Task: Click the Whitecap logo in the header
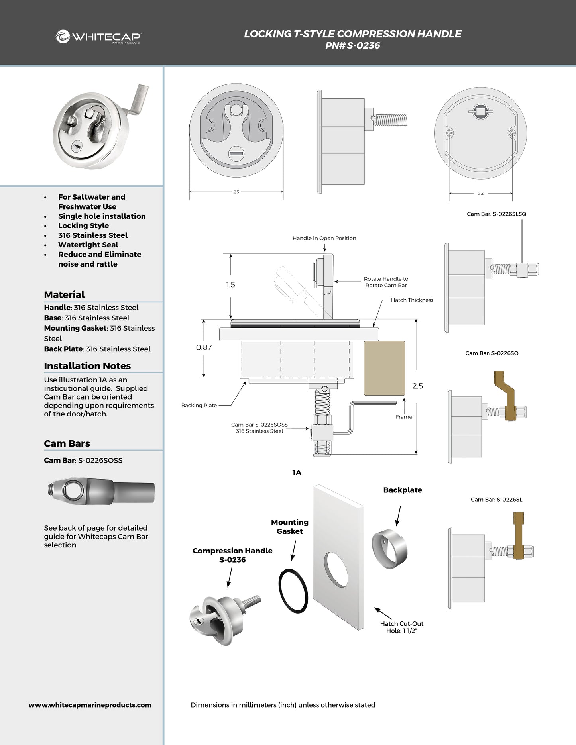click(x=98, y=37)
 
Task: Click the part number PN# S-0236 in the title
click(x=352, y=46)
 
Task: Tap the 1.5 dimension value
click(x=230, y=285)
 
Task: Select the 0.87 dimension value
click(x=204, y=347)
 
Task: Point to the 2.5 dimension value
click(x=417, y=386)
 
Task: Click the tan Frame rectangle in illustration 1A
click(x=384, y=368)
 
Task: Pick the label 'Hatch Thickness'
click(x=412, y=300)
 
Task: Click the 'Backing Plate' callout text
click(x=199, y=405)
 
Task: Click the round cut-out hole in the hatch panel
click(x=336, y=569)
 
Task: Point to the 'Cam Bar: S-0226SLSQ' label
click(x=496, y=214)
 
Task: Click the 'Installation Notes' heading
click(x=87, y=366)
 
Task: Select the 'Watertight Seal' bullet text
click(x=88, y=245)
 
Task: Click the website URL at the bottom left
click(x=90, y=705)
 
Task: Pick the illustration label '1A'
click(x=297, y=473)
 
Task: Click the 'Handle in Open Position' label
click(x=324, y=238)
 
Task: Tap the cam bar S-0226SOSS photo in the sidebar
click(x=100, y=491)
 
